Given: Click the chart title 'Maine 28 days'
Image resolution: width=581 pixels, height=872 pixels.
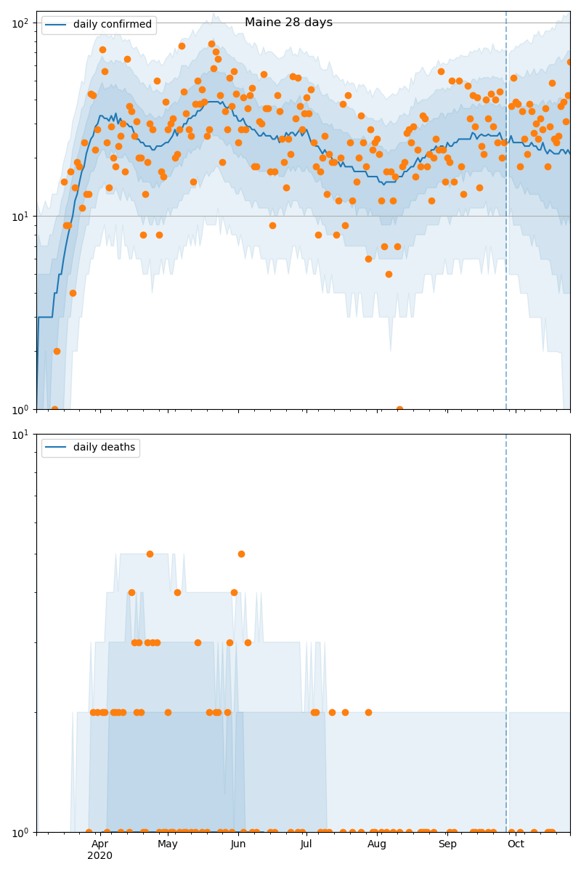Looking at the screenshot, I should (288, 23).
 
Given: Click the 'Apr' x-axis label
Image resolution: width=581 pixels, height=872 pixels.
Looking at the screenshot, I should (100, 844).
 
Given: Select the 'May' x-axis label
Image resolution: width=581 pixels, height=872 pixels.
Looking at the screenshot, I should (168, 844).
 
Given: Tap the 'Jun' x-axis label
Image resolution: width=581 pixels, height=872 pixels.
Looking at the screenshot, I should (238, 844).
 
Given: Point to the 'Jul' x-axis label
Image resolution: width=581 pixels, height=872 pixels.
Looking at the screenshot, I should (306, 844).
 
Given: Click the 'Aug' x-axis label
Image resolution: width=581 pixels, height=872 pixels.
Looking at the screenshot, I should (377, 844).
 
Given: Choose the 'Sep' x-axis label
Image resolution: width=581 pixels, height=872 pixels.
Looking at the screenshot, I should (447, 844).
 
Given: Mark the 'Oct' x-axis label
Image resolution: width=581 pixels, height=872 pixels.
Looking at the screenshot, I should (516, 844).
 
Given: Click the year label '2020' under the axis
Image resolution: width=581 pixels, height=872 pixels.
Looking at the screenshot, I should (100, 856).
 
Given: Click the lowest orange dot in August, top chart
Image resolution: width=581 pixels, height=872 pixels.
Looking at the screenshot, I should (399, 409).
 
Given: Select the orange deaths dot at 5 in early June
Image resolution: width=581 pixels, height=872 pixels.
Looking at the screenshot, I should (241, 554).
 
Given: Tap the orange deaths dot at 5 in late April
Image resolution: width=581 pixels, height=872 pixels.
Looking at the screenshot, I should (150, 554).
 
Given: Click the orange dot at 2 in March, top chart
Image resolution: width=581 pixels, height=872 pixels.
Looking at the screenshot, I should (57, 351).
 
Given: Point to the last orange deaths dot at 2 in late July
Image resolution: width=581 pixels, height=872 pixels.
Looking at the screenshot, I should (368, 712).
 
